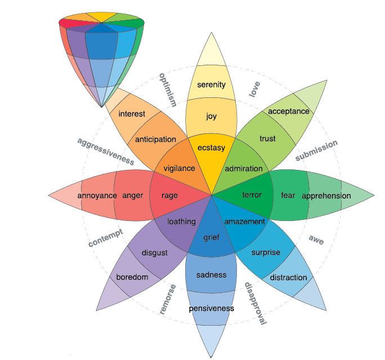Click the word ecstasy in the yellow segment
(x=211, y=148)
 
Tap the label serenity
(x=211, y=85)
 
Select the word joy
(x=211, y=116)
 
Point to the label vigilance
(x=179, y=168)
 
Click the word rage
(x=169, y=195)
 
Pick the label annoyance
(x=97, y=195)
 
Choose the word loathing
(x=181, y=221)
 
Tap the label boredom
(x=132, y=277)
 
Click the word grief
(x=211, y=237)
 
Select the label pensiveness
(x=211, y=308)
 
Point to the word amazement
(x=244, y=222)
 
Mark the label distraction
(x=288, y=277)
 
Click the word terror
(x=252, y=195)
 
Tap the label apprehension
(x=326, y=196)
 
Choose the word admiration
(x=244, y=168)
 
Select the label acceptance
(x=288, y=111)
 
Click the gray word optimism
(x=168, y=89)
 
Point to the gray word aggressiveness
(x=105, y=151)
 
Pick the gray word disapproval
(x=255, y=304)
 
